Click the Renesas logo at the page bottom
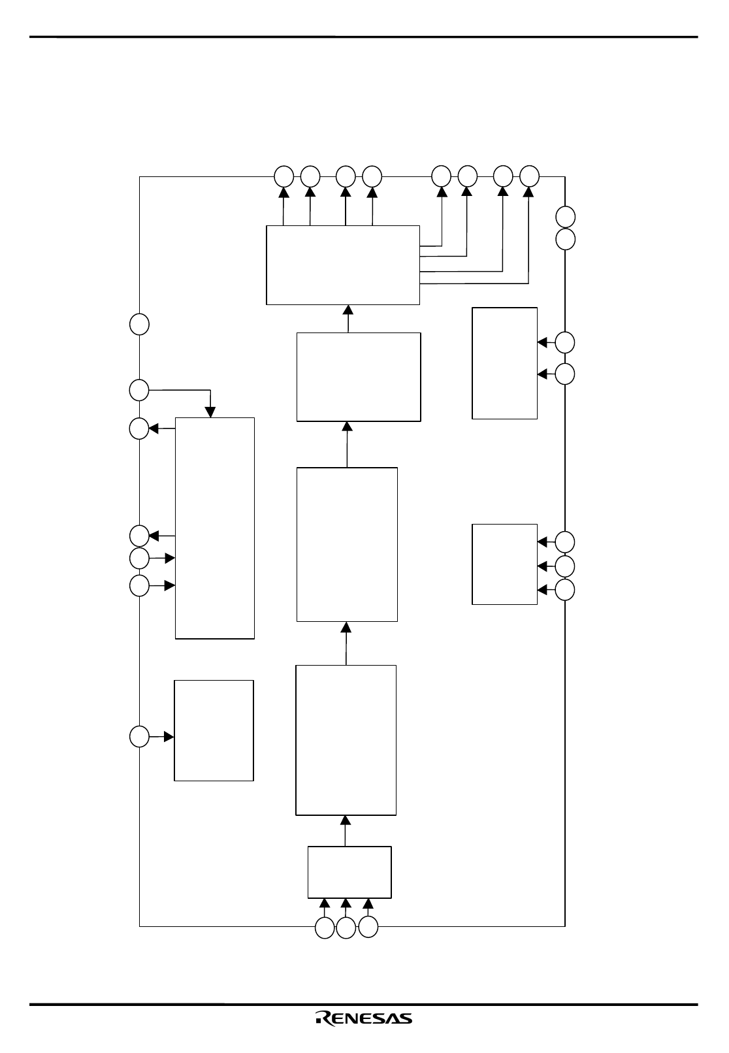pyautogui.click(x=364, y=1018)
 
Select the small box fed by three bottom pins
pyautogui.click(x=349, y=872)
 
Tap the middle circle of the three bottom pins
pyautogui.click(x=346, y=928)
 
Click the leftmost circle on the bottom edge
pyautogui.click(x=324, y=928)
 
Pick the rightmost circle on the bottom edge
pyautogui.click(x=368, y=927)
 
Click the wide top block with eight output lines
pyautogui.click(x=343, y=265)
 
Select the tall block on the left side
pyautogui.click(x=215, y=528)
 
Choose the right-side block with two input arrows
pyautogui.click(x=504, y=363)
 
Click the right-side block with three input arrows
pyautogui.click(x=504, y=564)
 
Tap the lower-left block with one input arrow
pyautogui.click(x=214, y=730)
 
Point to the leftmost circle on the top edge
pyautogui.click(x=283, y=176)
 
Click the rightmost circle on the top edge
pyautogui.click(x=529, y=176)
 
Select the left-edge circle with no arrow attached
pyautogui.click(x=139, y=325)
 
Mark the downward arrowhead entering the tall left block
pyautogui.click(x=210, y=412)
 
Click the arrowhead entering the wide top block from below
pyautogui.click(x=348, y=310)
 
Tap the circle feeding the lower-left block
pyautogui.click(x=139, y=736)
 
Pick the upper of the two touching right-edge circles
pyautogui.click(x=565, y=217)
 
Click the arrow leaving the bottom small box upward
pyautogui.click(x=346, y=831)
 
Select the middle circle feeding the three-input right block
pyautogui.click(x=565, y=566)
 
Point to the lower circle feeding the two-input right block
pyautogui.click(x=565, y=374)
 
